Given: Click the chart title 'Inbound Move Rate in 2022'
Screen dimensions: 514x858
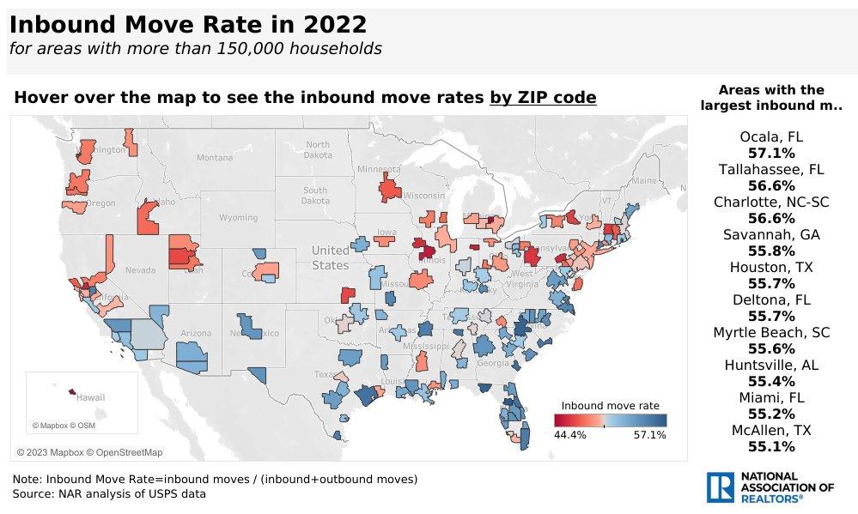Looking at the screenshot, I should click(188, 24).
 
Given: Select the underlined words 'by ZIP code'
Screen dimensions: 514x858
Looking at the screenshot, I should click(542, 98).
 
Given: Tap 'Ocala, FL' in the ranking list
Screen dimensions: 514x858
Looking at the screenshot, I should click(770, 136).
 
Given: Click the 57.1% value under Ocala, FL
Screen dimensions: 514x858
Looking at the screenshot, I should click(770, 153).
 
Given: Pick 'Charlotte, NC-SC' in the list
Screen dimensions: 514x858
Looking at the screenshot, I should click(770, 203).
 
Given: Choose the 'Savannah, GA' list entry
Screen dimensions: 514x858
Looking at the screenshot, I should click(770, 235).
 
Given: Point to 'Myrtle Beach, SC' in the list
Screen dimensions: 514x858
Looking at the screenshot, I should click(770, 333).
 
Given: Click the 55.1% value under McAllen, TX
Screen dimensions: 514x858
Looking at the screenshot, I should click(770, 446).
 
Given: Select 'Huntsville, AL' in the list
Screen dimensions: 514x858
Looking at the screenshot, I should click(770, 366).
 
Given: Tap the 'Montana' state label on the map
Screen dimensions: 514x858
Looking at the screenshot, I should click(214, 158).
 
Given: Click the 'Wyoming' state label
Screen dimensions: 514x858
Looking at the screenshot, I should click(238, 218).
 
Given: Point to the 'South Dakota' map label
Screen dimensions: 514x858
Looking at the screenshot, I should click(314, 196).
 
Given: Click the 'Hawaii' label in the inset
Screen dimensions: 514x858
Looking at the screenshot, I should click(90, 398).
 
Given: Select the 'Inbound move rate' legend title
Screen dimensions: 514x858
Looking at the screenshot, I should click(610, 405).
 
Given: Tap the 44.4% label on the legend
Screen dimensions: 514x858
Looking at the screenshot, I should click(570, 435).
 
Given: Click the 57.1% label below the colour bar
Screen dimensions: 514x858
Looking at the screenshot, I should click(650, 435).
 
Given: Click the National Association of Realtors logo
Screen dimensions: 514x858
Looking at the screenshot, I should click(770, 487).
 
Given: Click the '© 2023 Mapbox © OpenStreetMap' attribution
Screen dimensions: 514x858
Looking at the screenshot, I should click(89, 452).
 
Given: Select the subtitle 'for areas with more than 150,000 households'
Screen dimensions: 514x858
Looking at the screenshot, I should click(195, 48).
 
